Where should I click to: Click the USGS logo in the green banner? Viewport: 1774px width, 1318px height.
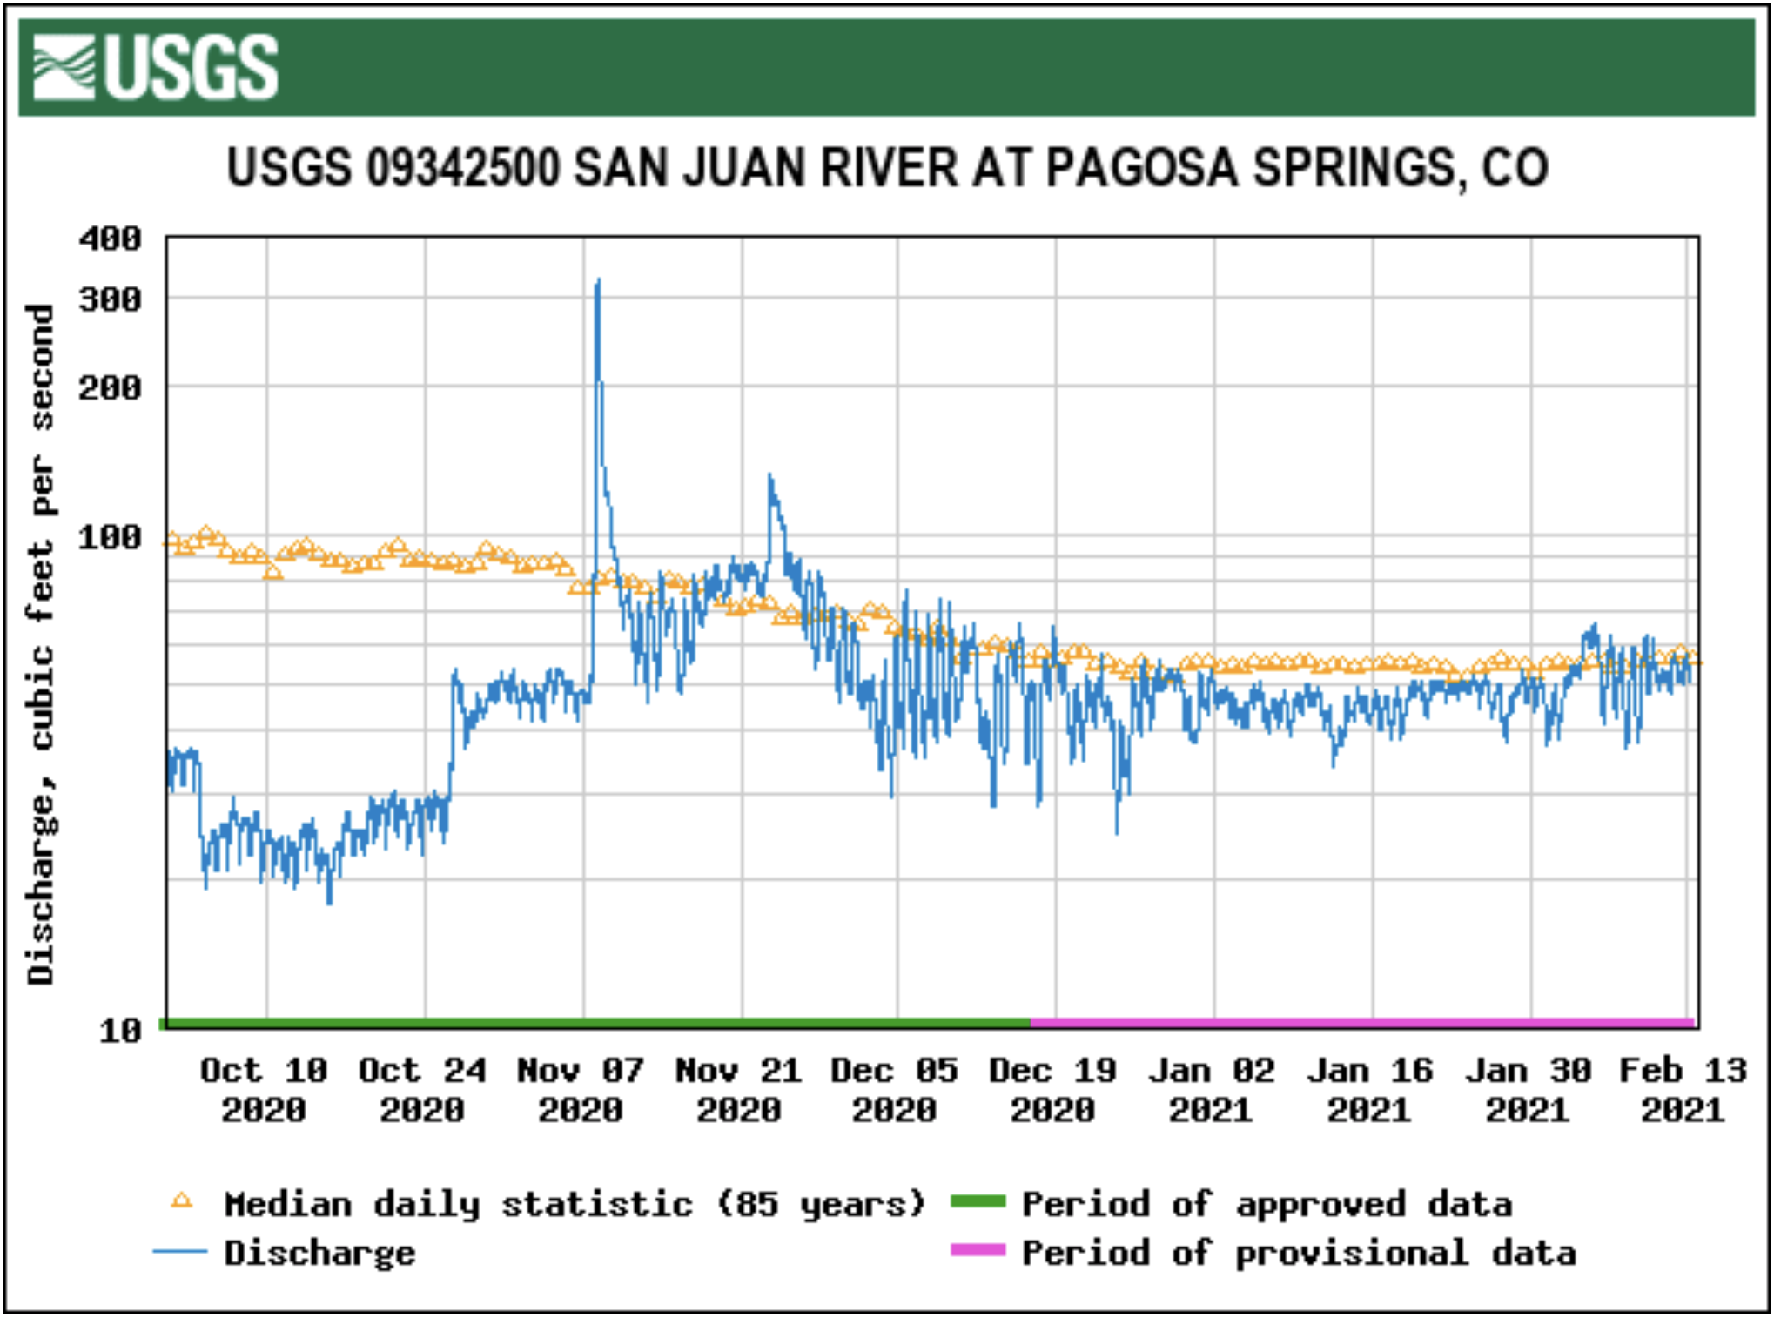click(155, 67)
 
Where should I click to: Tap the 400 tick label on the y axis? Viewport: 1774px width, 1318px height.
click(110, 239)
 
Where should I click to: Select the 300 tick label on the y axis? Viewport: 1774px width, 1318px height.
click(110, 299)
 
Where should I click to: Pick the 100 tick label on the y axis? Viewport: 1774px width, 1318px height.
click(110, 537)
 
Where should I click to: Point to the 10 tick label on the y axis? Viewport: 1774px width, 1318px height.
click(120, 1031)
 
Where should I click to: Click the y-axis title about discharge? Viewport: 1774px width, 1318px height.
click(41, 644)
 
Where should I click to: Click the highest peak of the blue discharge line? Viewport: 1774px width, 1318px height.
click(597, 281)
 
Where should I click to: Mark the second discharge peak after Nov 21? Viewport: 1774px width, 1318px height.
click(770, 476)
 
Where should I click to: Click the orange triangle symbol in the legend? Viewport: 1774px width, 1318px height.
click(182, 1202)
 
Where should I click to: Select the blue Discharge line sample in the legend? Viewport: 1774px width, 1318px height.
click(180, 1252)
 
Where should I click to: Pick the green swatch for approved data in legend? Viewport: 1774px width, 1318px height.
click(978, 1202)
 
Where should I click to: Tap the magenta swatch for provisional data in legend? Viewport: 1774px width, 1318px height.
click(978, 1250)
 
